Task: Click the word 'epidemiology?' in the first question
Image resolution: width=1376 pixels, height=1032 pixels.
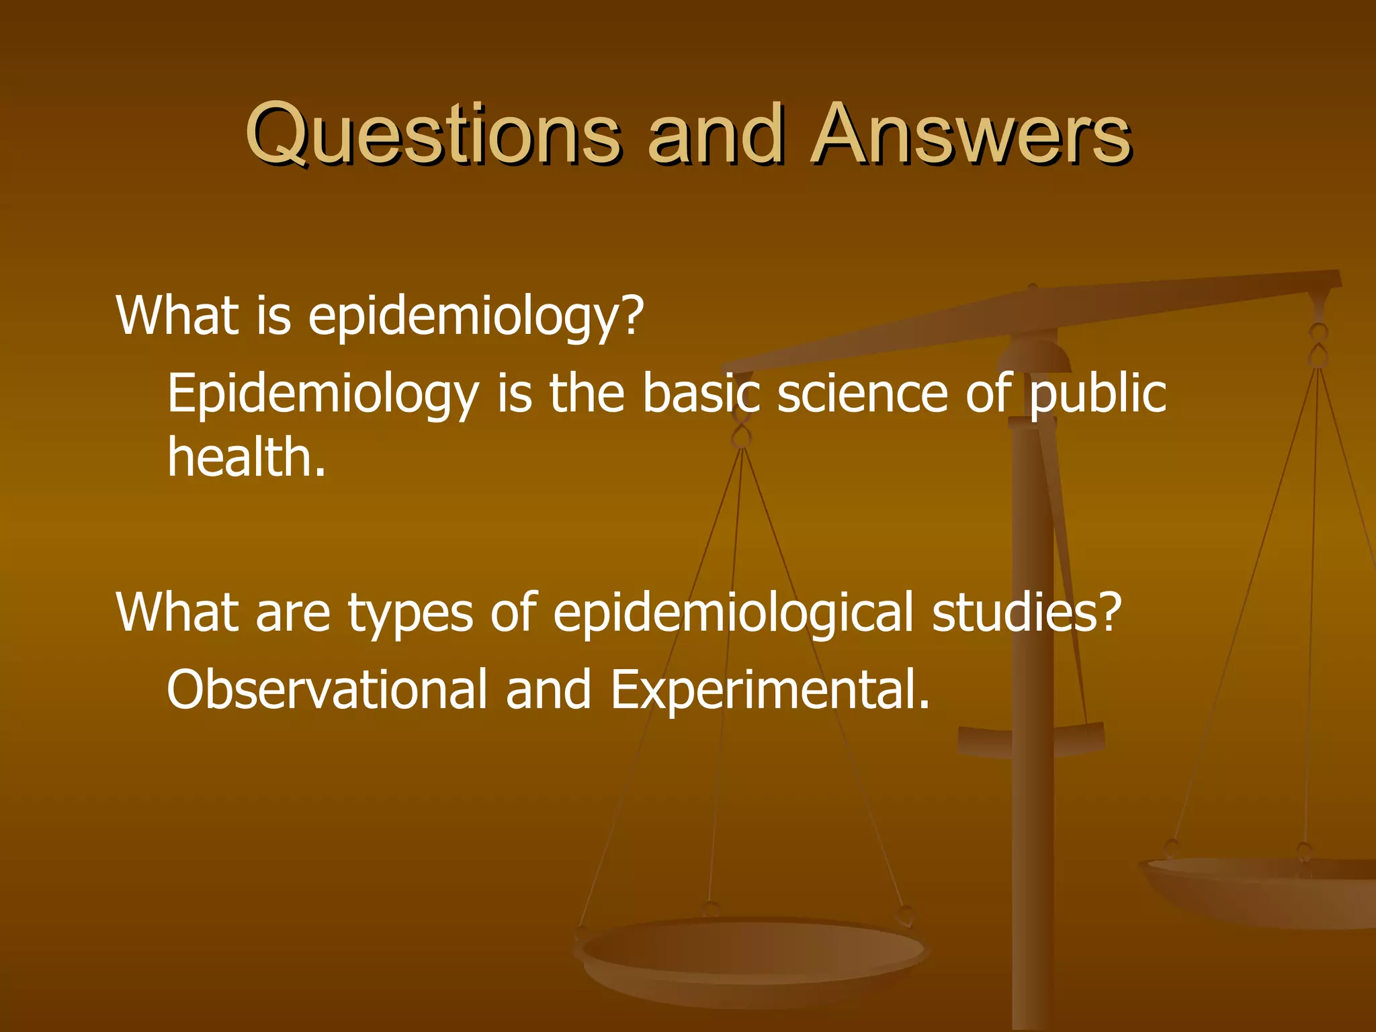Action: (x=476, y=316)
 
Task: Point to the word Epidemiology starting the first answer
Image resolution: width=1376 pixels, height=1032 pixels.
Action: (x=323, y=394)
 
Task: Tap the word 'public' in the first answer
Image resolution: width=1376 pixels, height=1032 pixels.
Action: (x=1097, y=393)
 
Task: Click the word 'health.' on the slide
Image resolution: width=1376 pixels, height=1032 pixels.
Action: (x=247, y=457)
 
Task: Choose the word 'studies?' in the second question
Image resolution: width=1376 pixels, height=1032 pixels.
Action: (x=1027, y=613)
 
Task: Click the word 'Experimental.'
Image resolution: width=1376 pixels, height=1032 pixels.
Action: (x=770, y=690)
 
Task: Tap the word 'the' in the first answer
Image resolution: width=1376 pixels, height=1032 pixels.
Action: (x=587, y=393)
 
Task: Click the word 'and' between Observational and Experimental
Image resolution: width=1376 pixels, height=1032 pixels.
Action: (x=548, y=690)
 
